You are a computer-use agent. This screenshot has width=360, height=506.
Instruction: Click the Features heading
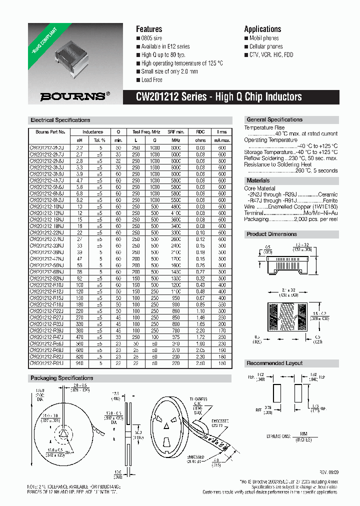[x=149, y=29]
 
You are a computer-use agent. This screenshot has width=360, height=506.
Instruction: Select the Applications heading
[x=262, y=29]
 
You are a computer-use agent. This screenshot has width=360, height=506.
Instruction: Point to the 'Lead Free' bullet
[x=151, y=80]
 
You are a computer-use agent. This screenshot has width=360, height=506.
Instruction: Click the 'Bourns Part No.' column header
[x=50, y=132]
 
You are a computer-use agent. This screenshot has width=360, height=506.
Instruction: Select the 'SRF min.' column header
[x=176, y=132]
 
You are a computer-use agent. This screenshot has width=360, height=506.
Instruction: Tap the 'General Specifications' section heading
[x=274, y=120]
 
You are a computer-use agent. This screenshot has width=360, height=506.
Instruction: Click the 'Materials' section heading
[x=258, y=180]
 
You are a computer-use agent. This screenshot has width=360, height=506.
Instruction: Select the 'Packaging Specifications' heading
[x=62, y=378]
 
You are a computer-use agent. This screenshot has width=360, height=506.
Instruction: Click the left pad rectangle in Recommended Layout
[x=276, y=393]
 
